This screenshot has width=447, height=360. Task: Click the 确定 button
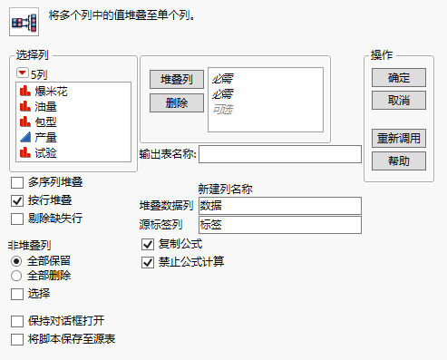pos(399,78)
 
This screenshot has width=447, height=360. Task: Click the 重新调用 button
pos(399,139)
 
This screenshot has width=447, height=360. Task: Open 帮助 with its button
pos(399,161)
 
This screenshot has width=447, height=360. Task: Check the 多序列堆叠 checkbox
pos(17,183)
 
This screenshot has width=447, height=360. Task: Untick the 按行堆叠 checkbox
pos(17,200)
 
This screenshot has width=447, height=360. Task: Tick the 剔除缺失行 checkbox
pos(17,218)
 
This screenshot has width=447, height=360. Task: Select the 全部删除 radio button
pos(17,275)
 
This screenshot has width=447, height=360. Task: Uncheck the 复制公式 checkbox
pos(148,245)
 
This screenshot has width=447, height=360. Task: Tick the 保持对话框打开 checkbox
pos(17,321)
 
